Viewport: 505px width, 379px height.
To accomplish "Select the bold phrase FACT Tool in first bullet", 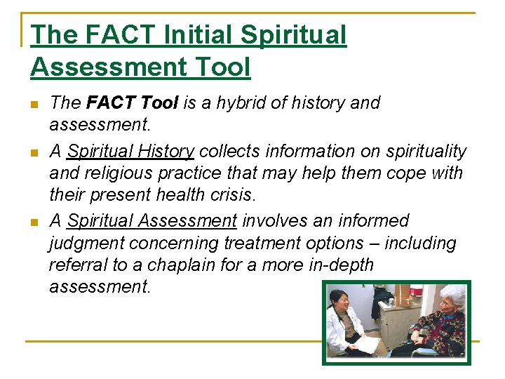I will (132, 103).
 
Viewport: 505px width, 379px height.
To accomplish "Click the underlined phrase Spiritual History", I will (130, 151).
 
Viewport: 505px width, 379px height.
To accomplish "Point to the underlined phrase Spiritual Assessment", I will (152, 221).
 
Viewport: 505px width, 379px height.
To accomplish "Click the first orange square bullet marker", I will (34, 105).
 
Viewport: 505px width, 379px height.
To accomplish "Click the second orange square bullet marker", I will (34, 152).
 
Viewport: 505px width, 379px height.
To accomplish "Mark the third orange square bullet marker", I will (34, 222).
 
